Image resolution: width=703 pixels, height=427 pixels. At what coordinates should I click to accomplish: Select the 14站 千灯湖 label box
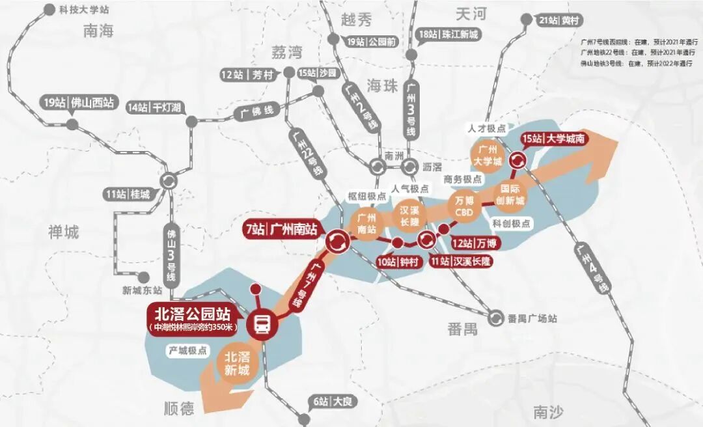pos(154,108)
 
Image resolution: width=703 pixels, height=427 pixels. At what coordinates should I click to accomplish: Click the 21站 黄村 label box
pos(558,21)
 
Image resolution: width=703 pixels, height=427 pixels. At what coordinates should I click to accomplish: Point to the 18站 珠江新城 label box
pos(449,34)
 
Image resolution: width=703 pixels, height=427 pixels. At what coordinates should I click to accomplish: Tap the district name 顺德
pos(178,408)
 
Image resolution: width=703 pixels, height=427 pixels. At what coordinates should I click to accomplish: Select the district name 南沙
pos(548,411)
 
